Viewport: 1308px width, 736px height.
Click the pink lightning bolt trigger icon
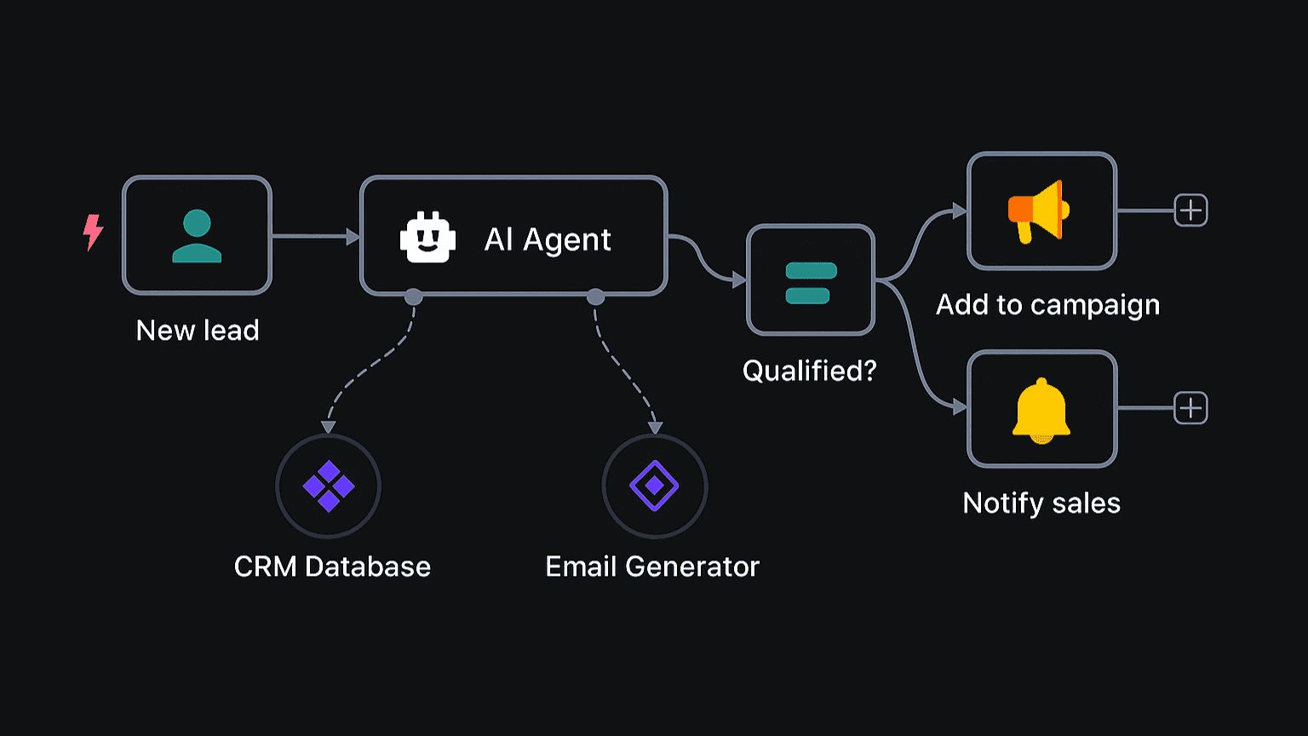pos(93,233)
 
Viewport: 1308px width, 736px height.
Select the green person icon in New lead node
pos(197,236)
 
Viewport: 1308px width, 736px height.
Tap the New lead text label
pos(198,331)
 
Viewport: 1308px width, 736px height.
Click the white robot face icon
pos(427,238)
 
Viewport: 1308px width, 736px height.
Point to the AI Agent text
pos(548,239)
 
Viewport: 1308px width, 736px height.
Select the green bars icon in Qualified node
pos(811,283)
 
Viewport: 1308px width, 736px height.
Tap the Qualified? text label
pos(809,371)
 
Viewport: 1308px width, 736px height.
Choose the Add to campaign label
pos(1047,305)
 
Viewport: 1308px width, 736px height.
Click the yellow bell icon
pos(1041,411)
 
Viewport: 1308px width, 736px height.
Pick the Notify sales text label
pos(1041,503)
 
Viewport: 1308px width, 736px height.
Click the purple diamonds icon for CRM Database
pos(329,486)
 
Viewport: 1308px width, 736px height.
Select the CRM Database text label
pos(332,566)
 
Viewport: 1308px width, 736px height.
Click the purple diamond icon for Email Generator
pos(654,486)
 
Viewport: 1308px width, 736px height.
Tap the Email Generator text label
pos(652,566)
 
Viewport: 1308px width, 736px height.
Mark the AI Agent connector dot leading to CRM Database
pos(413,296)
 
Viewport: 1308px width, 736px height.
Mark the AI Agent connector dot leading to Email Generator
pos(595,296)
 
